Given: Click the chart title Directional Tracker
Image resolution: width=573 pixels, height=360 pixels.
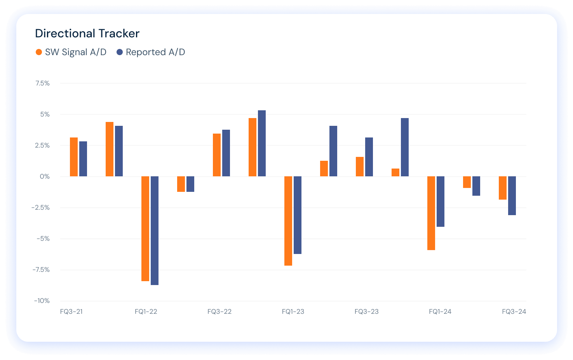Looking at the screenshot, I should click(x=87, y=33).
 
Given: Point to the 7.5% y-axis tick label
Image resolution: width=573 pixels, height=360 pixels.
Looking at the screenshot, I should click(x=42, y=83).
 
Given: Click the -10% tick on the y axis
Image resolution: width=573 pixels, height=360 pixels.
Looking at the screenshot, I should click(x=42, y=301).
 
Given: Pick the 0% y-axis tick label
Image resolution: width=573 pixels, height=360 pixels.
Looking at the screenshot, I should click(x=45, y=176).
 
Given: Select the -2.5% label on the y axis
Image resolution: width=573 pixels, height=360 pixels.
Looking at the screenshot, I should click(x=41, y=207).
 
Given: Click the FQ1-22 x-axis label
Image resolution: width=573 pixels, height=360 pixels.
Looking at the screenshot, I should click(x=146, y=311).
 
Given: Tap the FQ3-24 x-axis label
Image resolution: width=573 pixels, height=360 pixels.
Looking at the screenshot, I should click(x=514, y=311).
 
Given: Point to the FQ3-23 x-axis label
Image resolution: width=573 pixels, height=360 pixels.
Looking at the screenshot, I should click(x=366, y=311).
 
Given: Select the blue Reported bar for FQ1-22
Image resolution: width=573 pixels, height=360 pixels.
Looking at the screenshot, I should click(x=155, y=231).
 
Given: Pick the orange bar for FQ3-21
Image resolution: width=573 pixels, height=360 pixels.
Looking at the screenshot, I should click(x=74, y=157).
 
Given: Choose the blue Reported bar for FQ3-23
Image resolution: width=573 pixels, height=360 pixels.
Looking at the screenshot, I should click(x=369, y=157).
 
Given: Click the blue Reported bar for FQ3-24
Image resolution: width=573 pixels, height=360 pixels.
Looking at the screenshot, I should click(x=512, y=196).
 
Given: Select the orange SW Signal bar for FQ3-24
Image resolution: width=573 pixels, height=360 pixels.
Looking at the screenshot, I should click(x=503, y=188).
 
